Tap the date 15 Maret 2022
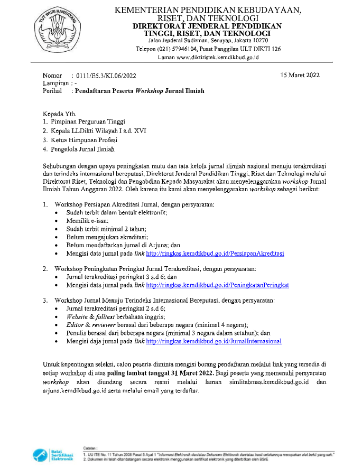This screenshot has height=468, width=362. pyautogui.click(x=300, y=75)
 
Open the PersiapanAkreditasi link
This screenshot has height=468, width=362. pyautogui.click(x=215, y=254)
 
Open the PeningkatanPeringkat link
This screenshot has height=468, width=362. pyautogui.click(x=217, y=285)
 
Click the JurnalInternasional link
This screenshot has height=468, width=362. pyautogui.click(x=214, y=341)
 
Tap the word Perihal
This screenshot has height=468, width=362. pyautogui.click(x=52, y=91)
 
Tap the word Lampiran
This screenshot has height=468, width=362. pyautogui.click(x=55, y=83)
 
